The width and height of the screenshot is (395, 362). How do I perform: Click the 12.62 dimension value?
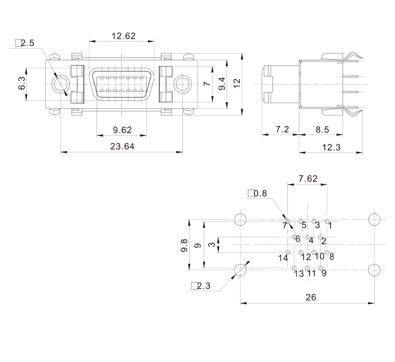pyautogui.click(x=123, y=36)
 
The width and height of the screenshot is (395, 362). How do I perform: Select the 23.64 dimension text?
pyautogui.click(x=122, y=146)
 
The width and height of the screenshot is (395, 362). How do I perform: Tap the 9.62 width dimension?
pyautogui.click(x=122, y=130)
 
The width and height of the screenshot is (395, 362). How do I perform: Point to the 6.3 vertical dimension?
pyautogui.click(x=22, y=83)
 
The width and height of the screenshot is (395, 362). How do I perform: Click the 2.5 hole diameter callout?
pyautogui.click(x=25, y=43)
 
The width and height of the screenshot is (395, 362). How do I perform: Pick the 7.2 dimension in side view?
pyautogui.click(x=282, y=129)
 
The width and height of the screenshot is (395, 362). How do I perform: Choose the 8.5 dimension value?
pyautogui.click(x=322, y=129)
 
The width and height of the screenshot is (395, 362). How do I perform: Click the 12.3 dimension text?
pyautogui.click(x=332, y=147)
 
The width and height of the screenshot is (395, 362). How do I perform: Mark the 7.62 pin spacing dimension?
pyautogui.click(x=308, y=179)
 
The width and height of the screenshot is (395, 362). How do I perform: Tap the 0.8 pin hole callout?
pyautogui.click(x=257, y=193)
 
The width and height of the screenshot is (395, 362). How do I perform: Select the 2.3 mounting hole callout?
pyautogui.click(x=201, y=286)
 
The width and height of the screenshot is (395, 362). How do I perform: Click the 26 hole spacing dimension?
pyautogui.click(x=311, y=297)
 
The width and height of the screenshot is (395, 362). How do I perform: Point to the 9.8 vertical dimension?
pyautogui.click(x=184, y=245)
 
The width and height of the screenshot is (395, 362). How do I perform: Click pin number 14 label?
pyautogui.click(x=283, y=258)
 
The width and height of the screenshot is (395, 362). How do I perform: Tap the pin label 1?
pyautogui.click(x=330, y=226)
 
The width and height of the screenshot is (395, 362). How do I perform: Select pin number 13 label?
pyautogui.click(x=299, y=274)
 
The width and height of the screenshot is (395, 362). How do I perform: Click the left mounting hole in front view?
pyautogui.click(x=61, y=84)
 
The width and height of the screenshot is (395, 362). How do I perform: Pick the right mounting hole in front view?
pyautogui.click(x=182, y=84)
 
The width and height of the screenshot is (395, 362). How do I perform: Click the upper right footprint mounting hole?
pyautogui.click(x=374, y=219)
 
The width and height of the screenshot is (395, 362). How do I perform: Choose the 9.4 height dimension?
pyautogui.click(x=222, y=84)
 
